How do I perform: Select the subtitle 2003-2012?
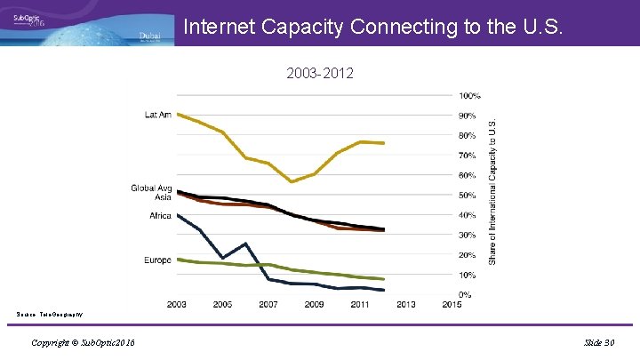pyautogui.click(x=320, y=74)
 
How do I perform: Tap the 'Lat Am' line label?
pyautogui.click(x=158, y=115)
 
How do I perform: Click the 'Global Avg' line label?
pyautogui.click(x=151, y=188)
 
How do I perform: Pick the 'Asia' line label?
pyautogui.click(x=163, y=197)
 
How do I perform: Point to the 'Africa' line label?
pyautogui.click(x=160, y=216)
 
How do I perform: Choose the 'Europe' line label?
pyautogui.click(x=157, y=260)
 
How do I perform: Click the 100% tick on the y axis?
pyautogui.click(x=469, y=96)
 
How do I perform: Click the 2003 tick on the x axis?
pyautogui.click(x=177, y=305)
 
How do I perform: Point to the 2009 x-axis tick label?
pyautogui.click(x=315, y=305)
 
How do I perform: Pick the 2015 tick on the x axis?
pyautogui.click(x=452, y=305)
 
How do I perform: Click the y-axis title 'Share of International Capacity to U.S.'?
pyautogui.click(x=493, y=192)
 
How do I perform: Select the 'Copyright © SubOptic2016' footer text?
pyautogui.click(x=83, y=343)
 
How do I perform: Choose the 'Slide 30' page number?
pyautogui.click(x=600, y=343)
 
